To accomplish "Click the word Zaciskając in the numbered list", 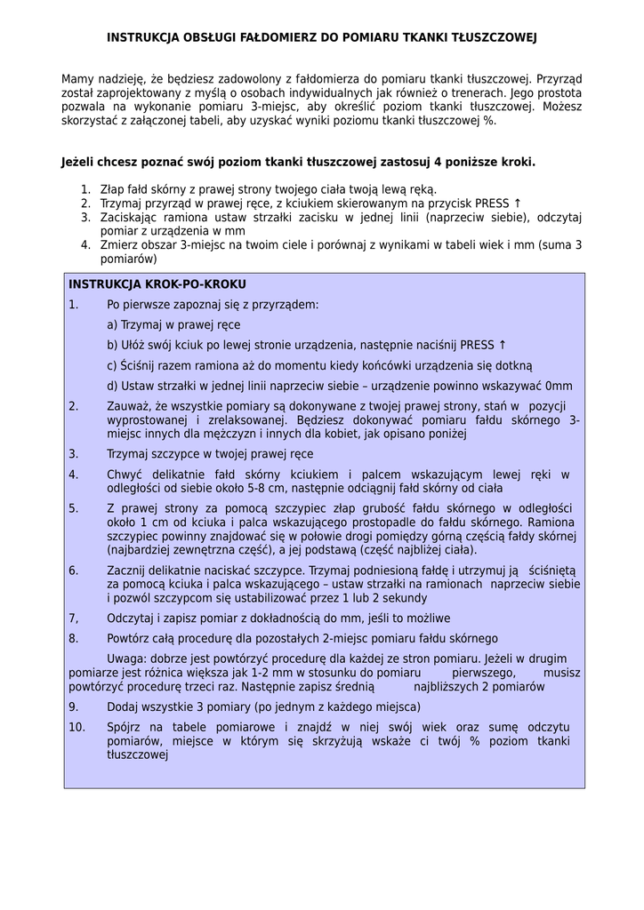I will [x=130, y=217].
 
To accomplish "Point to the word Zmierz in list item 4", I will [x=119, y=244].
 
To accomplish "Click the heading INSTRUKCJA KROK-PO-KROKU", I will [x=157, y=284].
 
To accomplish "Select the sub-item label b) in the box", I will [x=112, y=345].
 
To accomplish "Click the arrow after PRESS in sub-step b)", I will [x=503, y=345].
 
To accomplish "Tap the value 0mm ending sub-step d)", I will [x=559, y=386].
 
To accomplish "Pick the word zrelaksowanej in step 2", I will [x=248, y=420].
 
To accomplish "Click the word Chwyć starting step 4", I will [x=125, y=475].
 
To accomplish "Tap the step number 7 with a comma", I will [x=74, y=618].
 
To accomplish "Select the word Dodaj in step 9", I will [x=124, y=707].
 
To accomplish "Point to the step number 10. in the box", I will [x=76, y=728].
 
